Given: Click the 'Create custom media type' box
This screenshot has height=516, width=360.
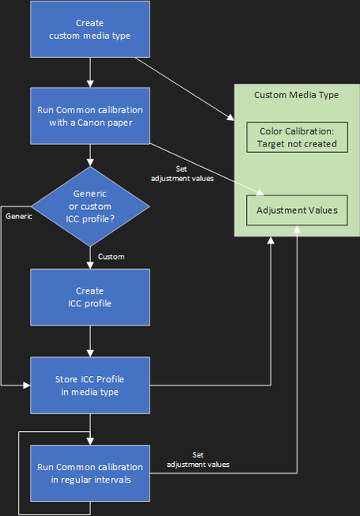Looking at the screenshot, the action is [90, 29].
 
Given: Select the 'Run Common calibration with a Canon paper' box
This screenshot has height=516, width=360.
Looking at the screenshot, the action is [90, 116].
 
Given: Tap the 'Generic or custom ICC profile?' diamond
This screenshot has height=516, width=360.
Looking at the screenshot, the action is [90, 207].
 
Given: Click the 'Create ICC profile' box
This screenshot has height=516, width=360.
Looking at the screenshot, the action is [90, 298].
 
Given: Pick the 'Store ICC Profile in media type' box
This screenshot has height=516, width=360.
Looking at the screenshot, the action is [90, 385].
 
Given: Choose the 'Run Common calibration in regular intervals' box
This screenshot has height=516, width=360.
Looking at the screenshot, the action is [90, 473].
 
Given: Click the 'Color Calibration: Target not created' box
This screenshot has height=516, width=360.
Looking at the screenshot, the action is [297, 137].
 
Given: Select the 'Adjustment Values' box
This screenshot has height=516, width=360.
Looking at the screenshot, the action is [297, 211].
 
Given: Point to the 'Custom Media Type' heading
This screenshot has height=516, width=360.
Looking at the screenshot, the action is [296, 95].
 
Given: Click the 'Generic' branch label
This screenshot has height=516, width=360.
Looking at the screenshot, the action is [19, 216].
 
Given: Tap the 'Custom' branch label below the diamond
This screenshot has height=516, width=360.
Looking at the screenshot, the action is [112, 256].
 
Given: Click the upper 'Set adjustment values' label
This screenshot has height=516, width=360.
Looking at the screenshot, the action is [182, 173].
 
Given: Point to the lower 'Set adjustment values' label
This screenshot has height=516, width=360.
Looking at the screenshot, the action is [198, 459].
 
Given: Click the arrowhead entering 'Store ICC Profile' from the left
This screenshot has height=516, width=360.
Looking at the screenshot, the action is [27, 385].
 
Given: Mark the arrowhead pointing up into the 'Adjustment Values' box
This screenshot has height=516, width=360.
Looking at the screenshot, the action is [297, 229].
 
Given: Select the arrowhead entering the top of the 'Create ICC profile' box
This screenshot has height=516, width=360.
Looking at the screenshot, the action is [90, 266].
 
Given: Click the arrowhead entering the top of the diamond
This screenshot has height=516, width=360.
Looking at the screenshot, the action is [90, 163].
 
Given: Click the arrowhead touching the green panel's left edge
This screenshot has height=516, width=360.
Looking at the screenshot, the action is [231, 117].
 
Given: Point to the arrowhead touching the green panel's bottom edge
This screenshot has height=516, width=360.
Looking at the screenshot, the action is [271, 241].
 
